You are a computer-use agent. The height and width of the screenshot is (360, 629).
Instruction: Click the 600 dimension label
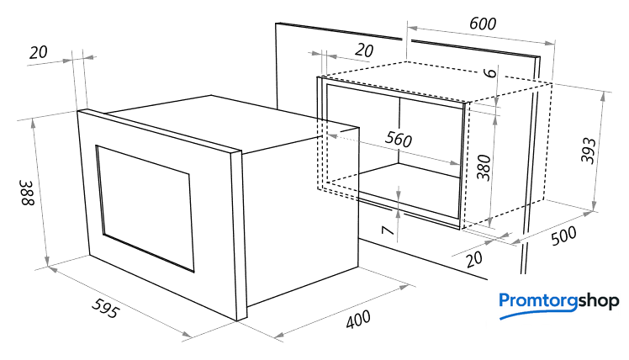(483, 24)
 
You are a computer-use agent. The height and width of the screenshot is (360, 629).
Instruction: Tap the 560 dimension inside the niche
(399, 139)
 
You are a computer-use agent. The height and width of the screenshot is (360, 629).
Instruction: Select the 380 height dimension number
(484, 167)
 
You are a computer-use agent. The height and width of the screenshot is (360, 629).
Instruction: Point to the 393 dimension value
(589, 151)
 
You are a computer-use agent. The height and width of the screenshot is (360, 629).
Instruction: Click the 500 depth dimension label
(563, 236)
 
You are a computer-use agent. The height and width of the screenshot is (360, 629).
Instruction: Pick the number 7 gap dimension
(387, 230)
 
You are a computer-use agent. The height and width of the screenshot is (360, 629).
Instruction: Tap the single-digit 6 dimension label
(489, 72)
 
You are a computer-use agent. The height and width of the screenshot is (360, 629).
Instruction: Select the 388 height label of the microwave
(28, 193)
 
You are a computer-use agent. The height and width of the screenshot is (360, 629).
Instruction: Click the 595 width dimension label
(105, 308)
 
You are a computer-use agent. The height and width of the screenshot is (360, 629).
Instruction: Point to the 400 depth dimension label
(358, 320)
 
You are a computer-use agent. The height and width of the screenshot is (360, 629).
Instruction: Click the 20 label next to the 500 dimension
(474, 259)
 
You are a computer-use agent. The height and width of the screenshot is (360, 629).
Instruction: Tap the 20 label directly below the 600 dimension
(364, 50)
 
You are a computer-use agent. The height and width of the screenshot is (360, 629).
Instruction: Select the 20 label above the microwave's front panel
(39, 52)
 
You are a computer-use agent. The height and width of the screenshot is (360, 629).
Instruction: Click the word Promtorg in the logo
(539, 300)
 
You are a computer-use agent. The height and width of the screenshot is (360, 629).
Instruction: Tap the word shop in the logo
(599, 301)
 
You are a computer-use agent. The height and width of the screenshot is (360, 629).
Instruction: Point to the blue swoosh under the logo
(537, 313)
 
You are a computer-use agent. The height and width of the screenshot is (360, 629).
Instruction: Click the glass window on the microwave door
(145, 209)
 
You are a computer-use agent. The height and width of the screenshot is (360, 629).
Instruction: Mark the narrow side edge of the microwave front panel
(236, 236)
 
